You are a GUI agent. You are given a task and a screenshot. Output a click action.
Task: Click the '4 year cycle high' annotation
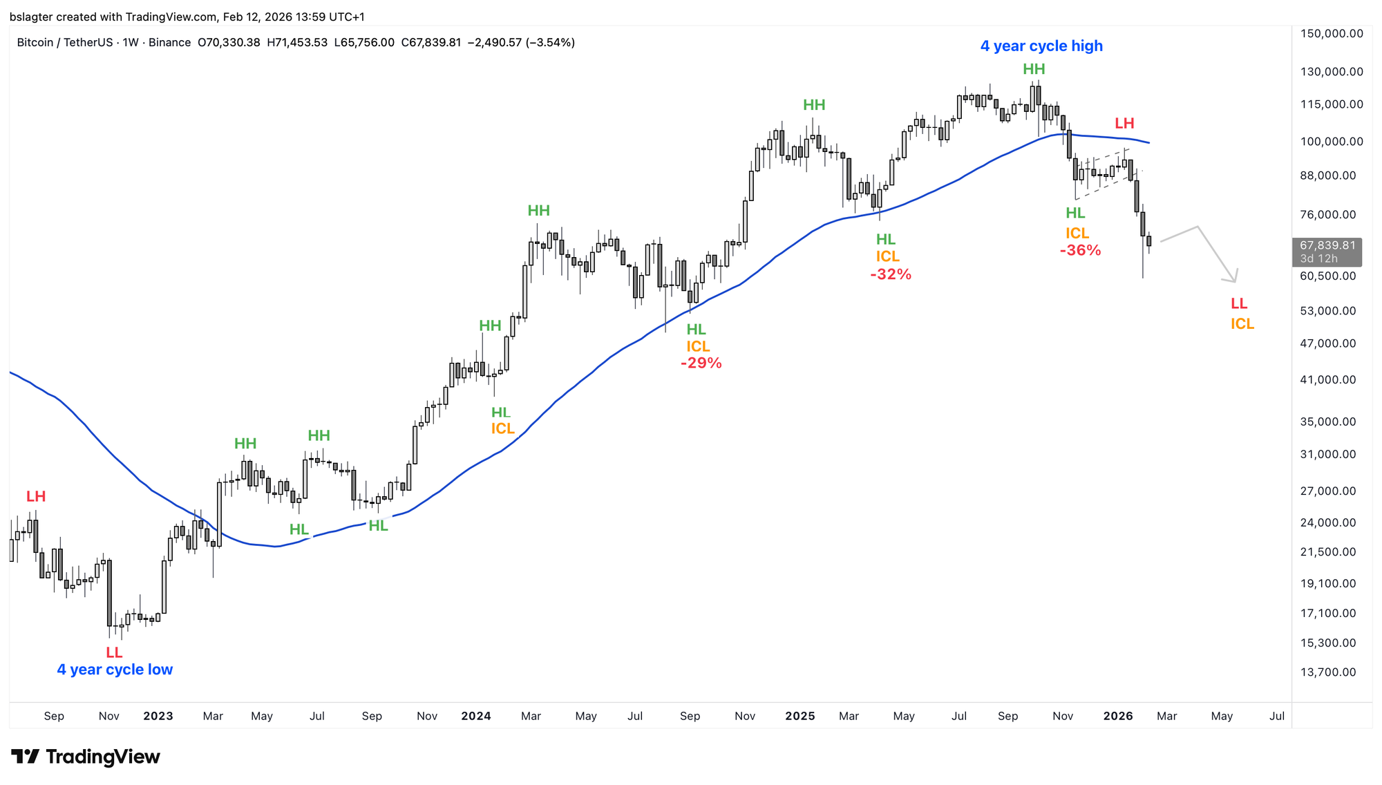[x=1041, y=46]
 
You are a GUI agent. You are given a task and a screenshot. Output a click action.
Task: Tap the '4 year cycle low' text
[x=115, y=670]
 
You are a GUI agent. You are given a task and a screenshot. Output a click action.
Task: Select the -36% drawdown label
[x=1080, y=251]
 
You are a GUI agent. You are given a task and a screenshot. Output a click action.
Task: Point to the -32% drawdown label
[x=891, y=274]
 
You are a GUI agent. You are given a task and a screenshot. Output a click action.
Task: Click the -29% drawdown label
[x=701, y=363]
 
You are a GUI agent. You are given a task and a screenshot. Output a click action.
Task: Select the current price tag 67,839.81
[x=1327, y=245]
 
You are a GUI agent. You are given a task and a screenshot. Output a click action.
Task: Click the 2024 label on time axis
[x=476, y=716]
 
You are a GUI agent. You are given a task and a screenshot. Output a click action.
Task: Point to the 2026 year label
[x=1118, y=716]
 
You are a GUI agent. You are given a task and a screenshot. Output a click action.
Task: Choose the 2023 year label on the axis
[x=158, y=716]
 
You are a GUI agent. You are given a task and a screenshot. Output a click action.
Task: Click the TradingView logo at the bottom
[x=86, y=757]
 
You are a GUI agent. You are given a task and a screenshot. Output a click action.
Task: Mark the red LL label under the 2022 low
[x=114, y=652]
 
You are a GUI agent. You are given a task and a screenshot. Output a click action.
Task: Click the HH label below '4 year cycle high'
[x=1034, y=69]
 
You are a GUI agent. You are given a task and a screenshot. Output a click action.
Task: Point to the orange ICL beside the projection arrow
[x=1242, y=324]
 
